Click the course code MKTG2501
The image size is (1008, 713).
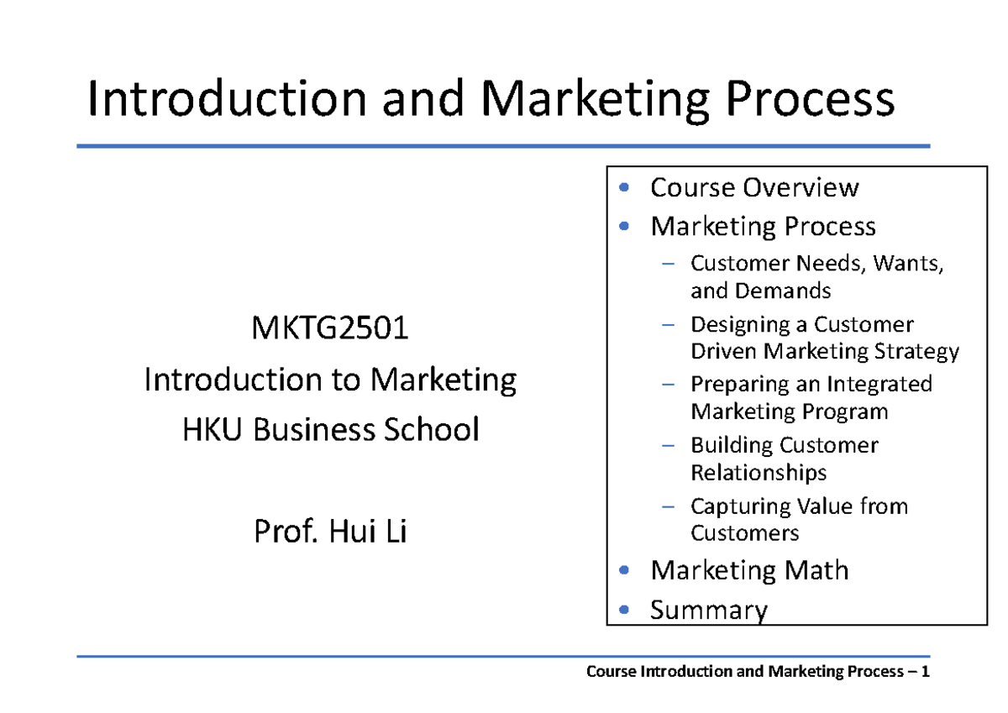(330, 328)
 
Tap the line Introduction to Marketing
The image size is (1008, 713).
(330, 380)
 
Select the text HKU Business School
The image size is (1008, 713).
(330, 430)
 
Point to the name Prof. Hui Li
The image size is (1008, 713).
(330, 532)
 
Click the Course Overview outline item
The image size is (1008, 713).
(753, 187)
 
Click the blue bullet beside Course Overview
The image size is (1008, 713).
(622, 187)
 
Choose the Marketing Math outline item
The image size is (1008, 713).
(749, 570)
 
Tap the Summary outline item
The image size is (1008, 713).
(709, 609)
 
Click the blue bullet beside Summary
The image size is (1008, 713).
(622, 609)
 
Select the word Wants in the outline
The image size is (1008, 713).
(908, 264)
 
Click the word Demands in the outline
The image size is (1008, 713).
(783, 291)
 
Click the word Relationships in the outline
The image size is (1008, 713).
(759, 472)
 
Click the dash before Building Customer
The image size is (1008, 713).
(668, 445)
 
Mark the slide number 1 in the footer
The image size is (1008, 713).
(925, 672)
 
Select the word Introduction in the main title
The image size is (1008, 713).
(227, 100)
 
